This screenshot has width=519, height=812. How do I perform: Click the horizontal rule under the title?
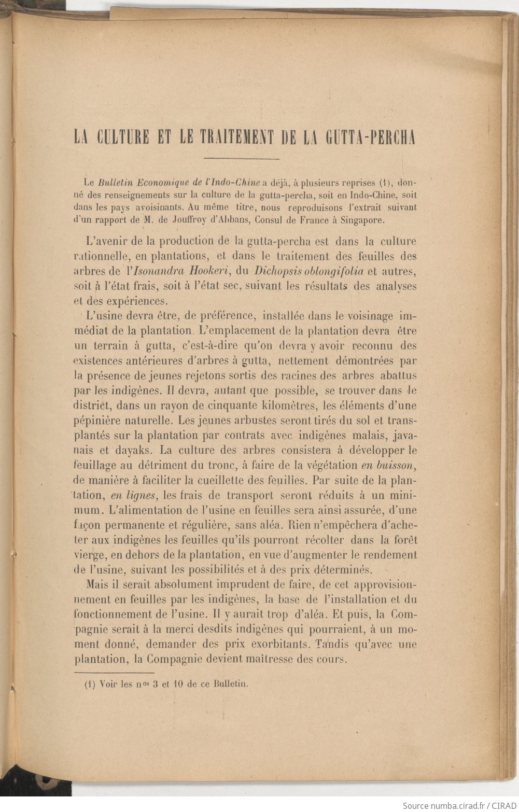242,158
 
